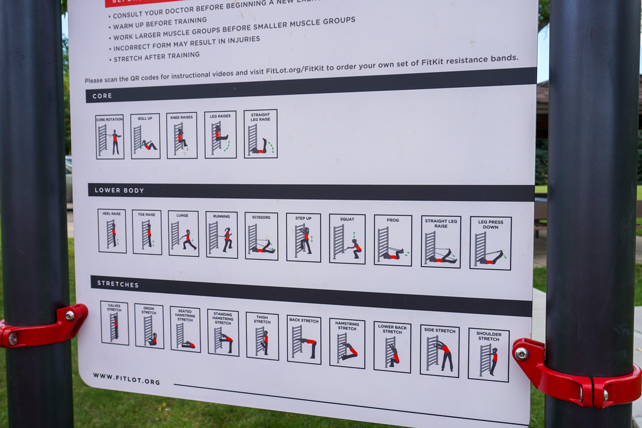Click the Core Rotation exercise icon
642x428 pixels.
click(110, 137)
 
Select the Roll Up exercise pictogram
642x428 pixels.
click(145, 136)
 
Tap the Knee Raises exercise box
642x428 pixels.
click(181, 135)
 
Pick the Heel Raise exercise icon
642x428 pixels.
click(112, 231)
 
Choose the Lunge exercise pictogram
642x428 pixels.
click(183, 233)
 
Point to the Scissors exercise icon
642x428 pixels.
click(261, 236)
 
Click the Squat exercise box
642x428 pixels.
click(347, 239)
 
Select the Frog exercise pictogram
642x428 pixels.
click(393, 241)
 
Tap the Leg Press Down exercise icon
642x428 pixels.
click(491, 243)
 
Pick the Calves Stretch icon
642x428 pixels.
click(114, 323)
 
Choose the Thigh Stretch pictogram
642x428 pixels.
click(262, 336)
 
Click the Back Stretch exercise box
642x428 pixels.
click(304, 340)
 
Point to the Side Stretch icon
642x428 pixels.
click(439, 351)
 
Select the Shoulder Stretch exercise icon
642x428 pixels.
click(488, 355)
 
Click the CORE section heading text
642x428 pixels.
click(102, 96)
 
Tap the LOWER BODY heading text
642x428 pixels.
click(112, 190)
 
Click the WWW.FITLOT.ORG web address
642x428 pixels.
click(126, 379)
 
